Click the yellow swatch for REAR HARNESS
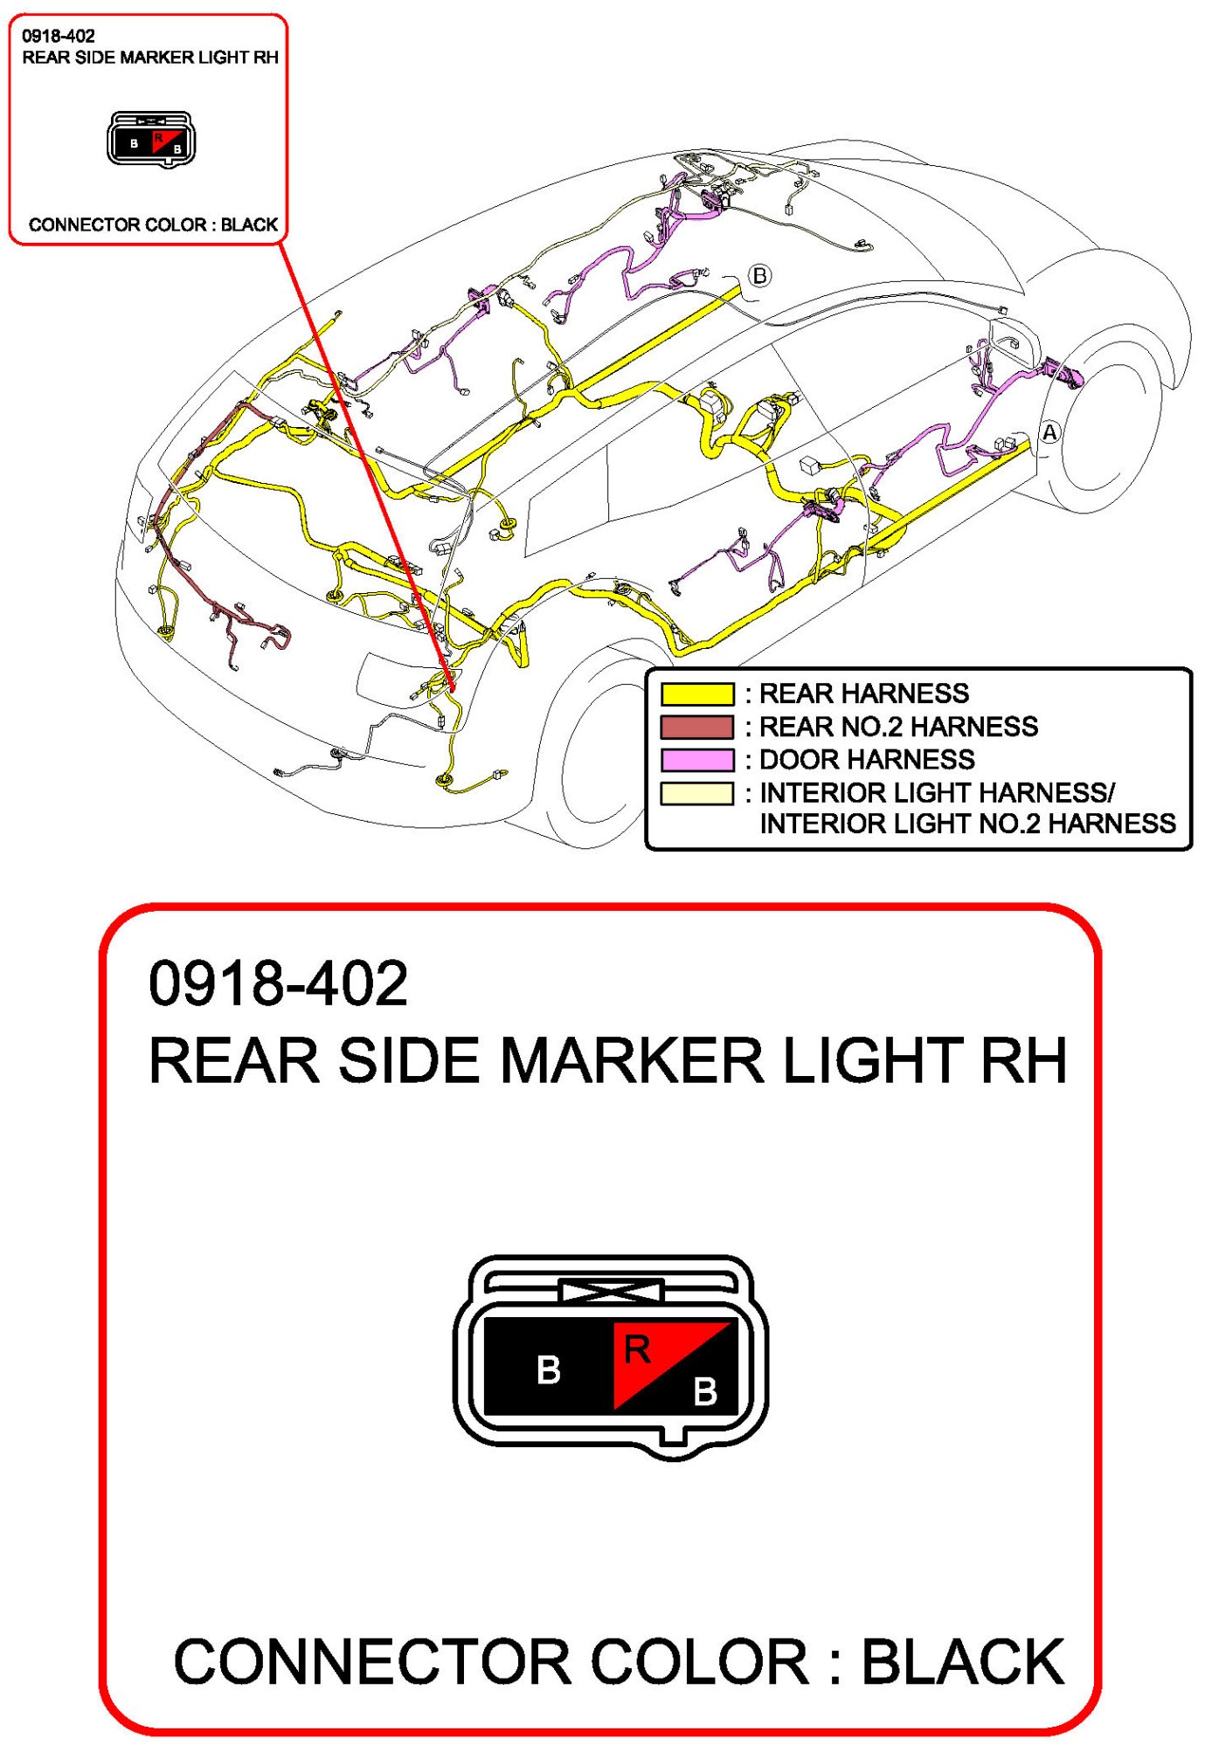pyautogui.click(x=696, y=693)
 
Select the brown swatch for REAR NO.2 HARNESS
pyautogui.click(x=696, y=727)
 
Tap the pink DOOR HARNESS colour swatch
pyautogui.click(x=696, y=760)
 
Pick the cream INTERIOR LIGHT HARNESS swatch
pyautogui.click(x=696, y=793)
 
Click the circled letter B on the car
pyautogui.click(x=759, y=276)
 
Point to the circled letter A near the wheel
pyautogui.click(x=1049, y=432)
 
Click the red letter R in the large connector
pyautogui.click(x=637, y=1350)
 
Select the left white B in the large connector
pyautogui.click(x=548, y=1370)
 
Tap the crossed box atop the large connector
pyautogui.click(x=611, y=1290)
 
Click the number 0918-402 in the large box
pyautogui.click(x=278, y=983)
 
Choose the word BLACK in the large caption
pyautogui.click(x=962, y=1661)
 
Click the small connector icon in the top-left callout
pyautogui.click(x=151, y=140)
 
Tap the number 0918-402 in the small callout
pyautogui.click(x=59, y=36)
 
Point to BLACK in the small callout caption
pyautogui.click(x=249, y=224)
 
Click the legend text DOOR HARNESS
pyautogui.click(x=866, y=760)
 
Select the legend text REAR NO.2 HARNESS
pyautogui.click(x=897, y=727)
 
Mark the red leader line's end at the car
pyautogui.click(x=453, y=689)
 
